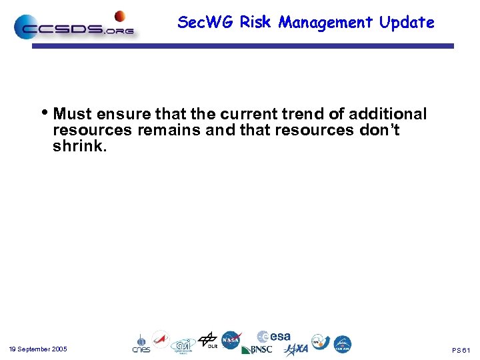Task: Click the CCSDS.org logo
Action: tap(73, 28)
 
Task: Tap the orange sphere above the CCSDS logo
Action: tap(120, 15)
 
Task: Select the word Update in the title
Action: tap(407, 22)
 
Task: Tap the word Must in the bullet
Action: tap(73, 114)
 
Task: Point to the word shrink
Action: tap(79, 146)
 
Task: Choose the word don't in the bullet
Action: tap(379, 130)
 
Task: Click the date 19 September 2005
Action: tap(38, 349)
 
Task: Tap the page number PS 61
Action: tap(461, 350)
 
